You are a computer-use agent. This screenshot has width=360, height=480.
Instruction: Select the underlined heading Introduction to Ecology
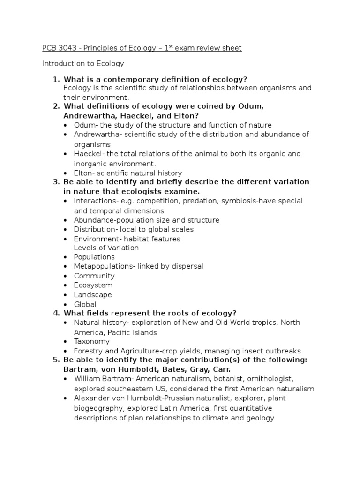point(83,63)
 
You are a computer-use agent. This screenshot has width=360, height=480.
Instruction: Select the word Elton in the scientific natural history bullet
point(83,173)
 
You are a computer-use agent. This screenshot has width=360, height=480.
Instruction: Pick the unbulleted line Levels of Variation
point(106,247)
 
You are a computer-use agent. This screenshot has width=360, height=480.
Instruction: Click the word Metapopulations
point(103,266)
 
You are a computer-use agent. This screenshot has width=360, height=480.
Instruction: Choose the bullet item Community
point(94,276)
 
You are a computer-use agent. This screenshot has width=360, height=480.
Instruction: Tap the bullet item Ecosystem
point(93,285)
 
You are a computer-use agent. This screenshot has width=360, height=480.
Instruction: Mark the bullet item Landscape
point(93,295)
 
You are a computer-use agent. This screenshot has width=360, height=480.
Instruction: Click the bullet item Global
point(85,304)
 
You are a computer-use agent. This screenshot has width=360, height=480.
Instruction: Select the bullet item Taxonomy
point(92,342)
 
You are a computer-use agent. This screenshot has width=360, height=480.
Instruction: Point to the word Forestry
point(88,351)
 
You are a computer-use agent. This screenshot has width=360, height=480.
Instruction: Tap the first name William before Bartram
point(87,379)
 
